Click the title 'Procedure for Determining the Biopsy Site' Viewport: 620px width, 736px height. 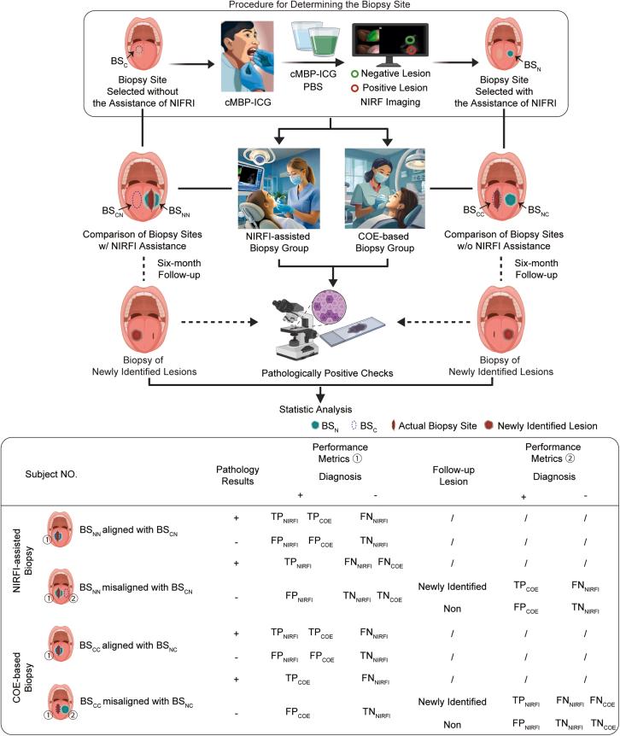tap(309, 7)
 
